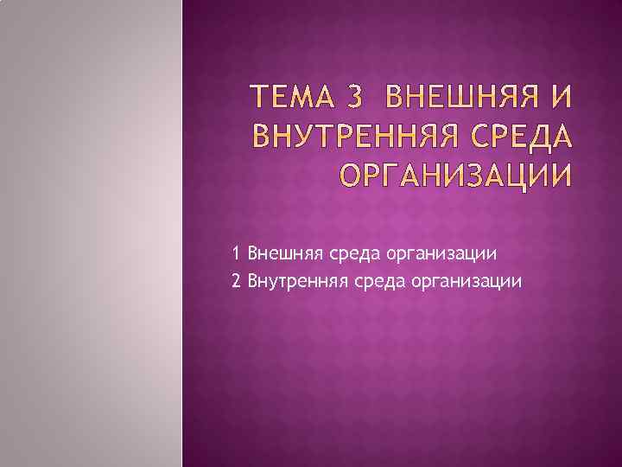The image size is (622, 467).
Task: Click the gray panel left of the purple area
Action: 91,233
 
